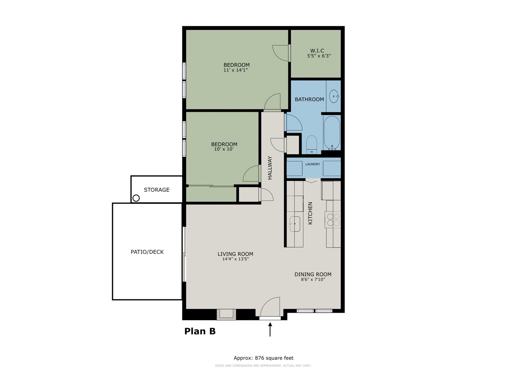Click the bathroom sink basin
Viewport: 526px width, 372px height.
(334, 96)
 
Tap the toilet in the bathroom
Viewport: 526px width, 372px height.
(312, 145)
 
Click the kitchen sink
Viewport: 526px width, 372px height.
(295, 224)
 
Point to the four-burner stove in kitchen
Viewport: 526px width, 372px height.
(333, 220)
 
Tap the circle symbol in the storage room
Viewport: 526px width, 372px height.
(136, 198)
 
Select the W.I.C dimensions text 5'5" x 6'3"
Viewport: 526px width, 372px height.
(319, 56)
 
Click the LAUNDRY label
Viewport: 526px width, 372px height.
(313, 164)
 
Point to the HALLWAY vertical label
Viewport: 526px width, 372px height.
(270, 168)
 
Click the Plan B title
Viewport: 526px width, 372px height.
(200, 331)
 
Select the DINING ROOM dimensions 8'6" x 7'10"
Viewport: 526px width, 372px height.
(313, 280)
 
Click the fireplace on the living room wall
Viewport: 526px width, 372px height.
(226, 314)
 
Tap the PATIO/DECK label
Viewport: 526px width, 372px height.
(147, 252)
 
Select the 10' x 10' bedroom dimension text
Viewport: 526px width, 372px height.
(224, 149)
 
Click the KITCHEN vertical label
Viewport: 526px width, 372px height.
(310, 213)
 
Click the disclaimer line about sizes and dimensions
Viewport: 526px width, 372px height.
(263, 366)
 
